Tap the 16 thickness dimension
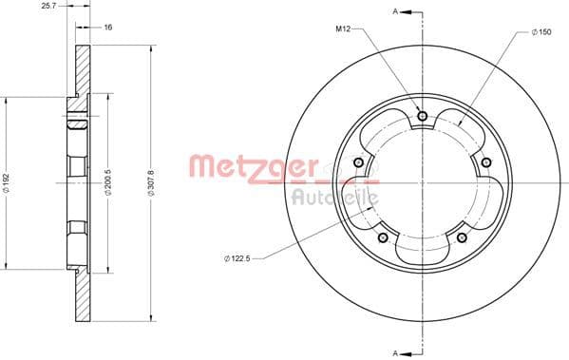point(108,28)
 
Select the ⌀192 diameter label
point(9,181)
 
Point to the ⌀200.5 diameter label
point(108,181)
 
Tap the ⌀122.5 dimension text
point(238,256)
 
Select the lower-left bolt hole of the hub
point(383,237)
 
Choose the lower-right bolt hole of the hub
point(462,237)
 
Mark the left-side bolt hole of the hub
point(359,162)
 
